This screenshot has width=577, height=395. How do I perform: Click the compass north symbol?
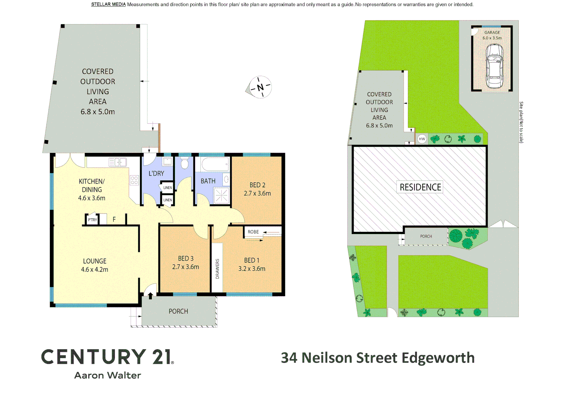click(x=260, y=87)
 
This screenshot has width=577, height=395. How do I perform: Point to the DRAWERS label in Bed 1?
click(x=217, y=269)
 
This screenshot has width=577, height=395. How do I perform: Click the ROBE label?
click(x=253, y=232)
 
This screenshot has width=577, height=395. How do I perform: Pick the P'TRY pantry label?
click(x=93, y=220)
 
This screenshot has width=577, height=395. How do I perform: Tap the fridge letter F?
click(x=114, y=219)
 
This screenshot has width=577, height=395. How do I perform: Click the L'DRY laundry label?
click(x=156, y=173)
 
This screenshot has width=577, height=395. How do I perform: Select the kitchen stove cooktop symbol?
click(x=134, y=180)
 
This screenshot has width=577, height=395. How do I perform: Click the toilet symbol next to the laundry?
click(x=185, y=163)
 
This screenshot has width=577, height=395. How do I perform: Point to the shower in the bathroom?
click(x=221, y=195)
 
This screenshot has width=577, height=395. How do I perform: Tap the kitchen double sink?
click(x=117, y=162)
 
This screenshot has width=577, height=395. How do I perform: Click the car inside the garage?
click(x=494, y=66)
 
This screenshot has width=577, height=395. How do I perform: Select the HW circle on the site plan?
click(x=422, y=139)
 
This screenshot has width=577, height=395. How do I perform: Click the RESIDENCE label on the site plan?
click(x=420, y=187)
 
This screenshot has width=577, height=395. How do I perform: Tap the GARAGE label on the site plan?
click(x=492, y=33)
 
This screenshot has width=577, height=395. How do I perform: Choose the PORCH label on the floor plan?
click(x=178, y=311)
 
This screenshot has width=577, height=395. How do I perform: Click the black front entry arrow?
click(x=150, y=295)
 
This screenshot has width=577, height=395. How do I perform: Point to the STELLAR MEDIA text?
click(x=108, y=4)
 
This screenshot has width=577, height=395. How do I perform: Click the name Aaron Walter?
click(x=108, y=375)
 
